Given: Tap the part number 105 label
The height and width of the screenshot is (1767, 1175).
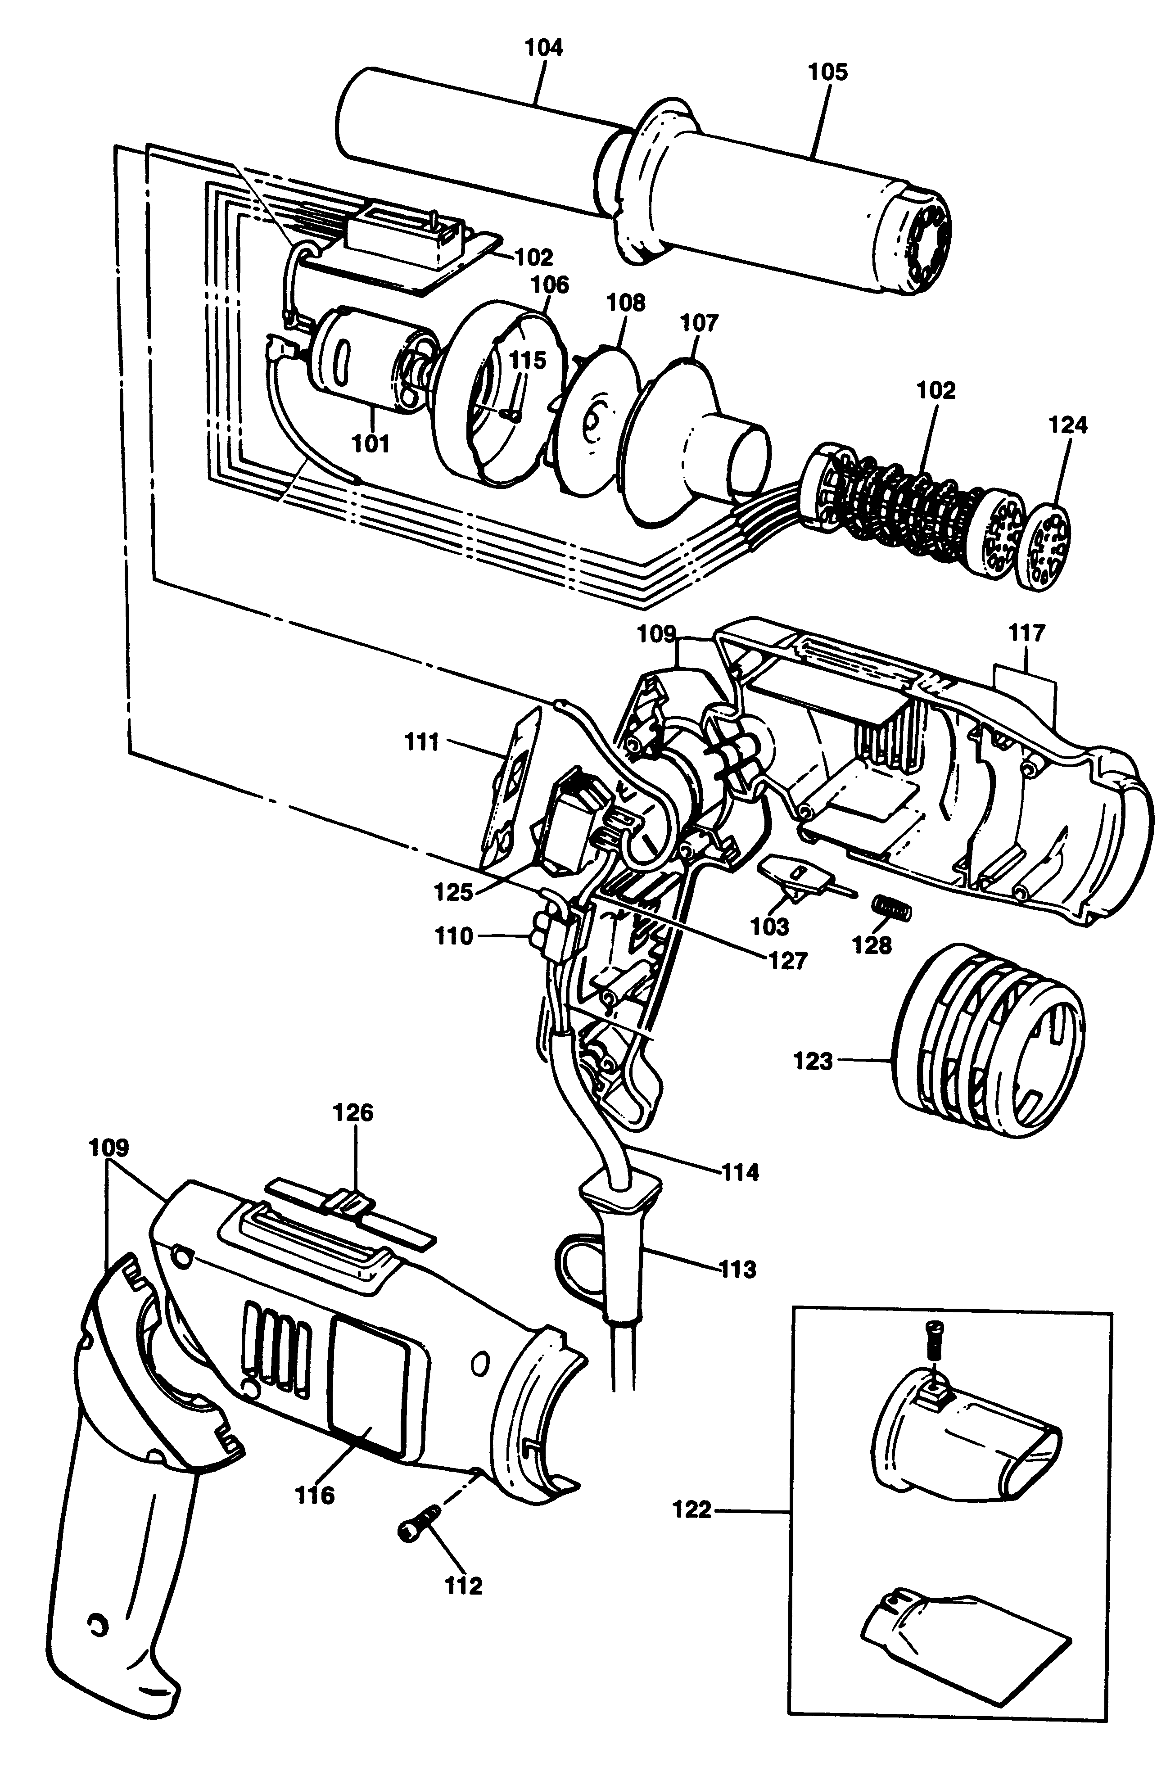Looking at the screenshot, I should pos(827,72).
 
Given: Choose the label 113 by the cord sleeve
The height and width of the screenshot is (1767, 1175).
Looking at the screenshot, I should pos(738,1270).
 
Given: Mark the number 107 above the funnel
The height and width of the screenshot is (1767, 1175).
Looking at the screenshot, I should pos(699,323).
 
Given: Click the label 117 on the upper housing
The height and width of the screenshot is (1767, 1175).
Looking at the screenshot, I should pos(1026,633).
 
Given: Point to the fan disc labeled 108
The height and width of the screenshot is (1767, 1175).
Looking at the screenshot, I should pos(596,420).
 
